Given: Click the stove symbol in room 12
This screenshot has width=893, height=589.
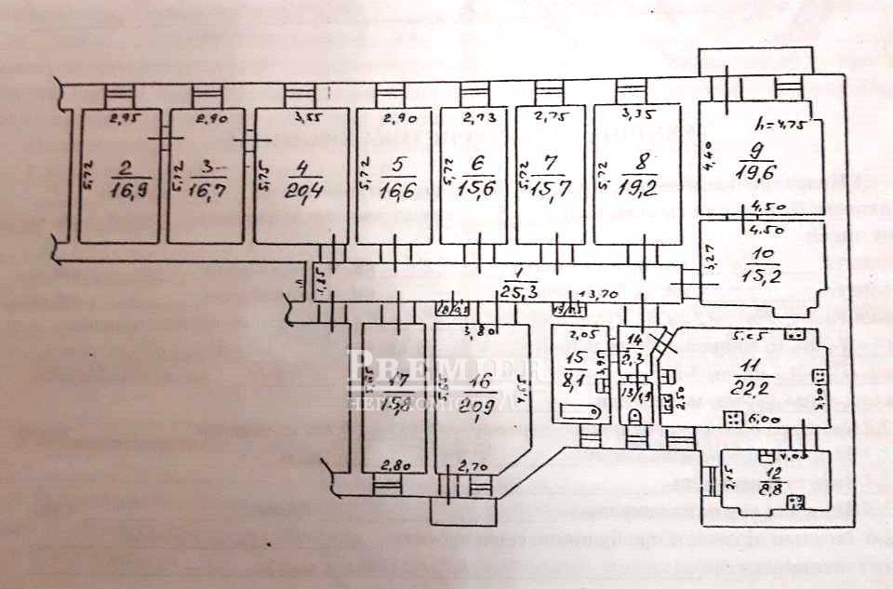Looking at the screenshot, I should point(796,503).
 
